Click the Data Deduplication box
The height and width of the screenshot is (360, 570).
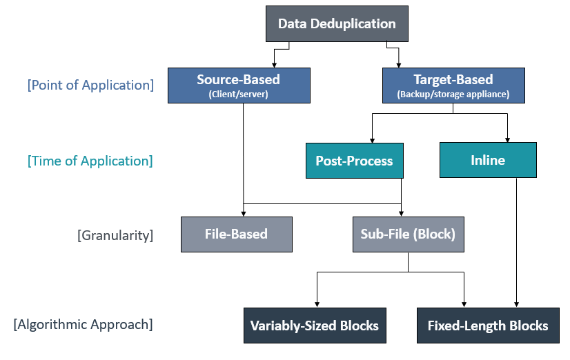(x=337, y=23)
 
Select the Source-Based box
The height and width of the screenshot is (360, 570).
(x=239, y=86)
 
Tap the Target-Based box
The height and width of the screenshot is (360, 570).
(x=453, y=86)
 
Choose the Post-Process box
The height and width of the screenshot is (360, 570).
(x=355, y=161)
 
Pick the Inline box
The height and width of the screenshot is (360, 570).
(x=488, y=160)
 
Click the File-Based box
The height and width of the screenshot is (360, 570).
(x=237, y=234)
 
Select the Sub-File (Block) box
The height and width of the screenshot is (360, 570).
(x=409, y=234)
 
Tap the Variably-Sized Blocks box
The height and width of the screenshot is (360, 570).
(x=315, y=326)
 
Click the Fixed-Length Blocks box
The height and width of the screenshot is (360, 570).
(x=488, y=326)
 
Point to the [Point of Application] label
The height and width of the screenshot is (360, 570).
(x=90, y=85)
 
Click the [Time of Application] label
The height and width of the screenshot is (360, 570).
(x=90, y=161)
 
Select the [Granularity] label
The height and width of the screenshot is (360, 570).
(x=115, y=235)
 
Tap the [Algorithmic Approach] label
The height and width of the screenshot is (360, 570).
(x=83, y=324)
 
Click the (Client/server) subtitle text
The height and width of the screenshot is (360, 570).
(x=239, y=94)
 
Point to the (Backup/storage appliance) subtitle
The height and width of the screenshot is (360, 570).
(x=453, y=94)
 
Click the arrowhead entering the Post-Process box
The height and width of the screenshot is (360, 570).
(x=372, y=141)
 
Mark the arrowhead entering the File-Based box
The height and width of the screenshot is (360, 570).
(x=244, y=214)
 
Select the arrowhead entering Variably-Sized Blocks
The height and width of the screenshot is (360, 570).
(x=317, y=304)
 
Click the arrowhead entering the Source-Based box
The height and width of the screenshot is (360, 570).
(x=274, y=66)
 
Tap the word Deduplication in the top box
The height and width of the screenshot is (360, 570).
(x=353, y=24)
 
